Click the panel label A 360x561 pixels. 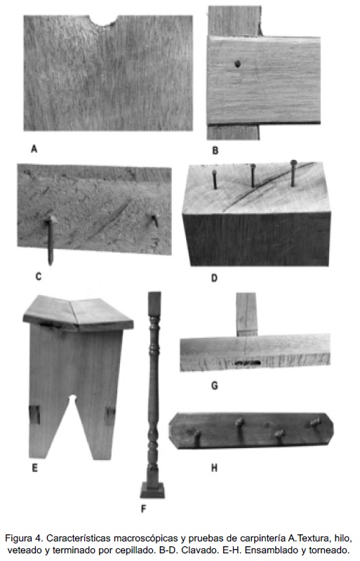click(x=34, y=149)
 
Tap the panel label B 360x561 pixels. click(x=215, y=150)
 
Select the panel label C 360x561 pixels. click(x=39, y=276)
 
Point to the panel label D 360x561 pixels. click(x=214, y=278)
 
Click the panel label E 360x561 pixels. click(x=35, y=468)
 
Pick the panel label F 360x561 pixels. click(x=144, y=508)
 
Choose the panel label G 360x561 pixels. click(x=215, y=385)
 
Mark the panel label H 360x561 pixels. click(x=214, y=468)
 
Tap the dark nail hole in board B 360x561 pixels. click(x=237, y=64)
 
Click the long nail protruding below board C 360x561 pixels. click(x=51, y=241)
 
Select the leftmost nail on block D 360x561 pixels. click(x=215, y=180)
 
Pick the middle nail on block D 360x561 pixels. click(x=253, y=176)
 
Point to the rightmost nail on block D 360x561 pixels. click(x=293, y=173)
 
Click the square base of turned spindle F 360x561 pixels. click(x=152, y=489)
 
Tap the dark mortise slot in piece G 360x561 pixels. click(x=248, y=363)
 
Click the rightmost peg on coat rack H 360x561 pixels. click(x=315, y=423)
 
